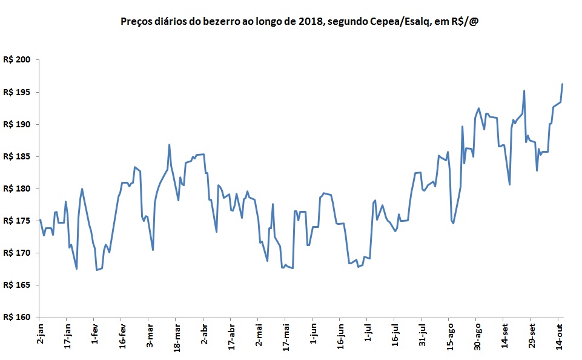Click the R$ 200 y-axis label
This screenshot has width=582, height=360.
click(16, 60)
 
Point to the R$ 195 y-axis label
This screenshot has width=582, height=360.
click(16, 92)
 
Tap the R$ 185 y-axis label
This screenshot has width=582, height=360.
click(16, 156)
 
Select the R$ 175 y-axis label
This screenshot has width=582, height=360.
click(16, 221)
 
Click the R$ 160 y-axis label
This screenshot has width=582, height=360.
click(16, 317)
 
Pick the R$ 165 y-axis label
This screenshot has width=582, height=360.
click(16, 285)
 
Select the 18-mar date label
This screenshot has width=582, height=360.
click(176, 336)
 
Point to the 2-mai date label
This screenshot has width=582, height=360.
click(258, 335)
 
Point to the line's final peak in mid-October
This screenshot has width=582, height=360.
click(563, 84)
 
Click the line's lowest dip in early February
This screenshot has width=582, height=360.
click(97, 270)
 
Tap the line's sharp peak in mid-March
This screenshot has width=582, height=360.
click(169, 144)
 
